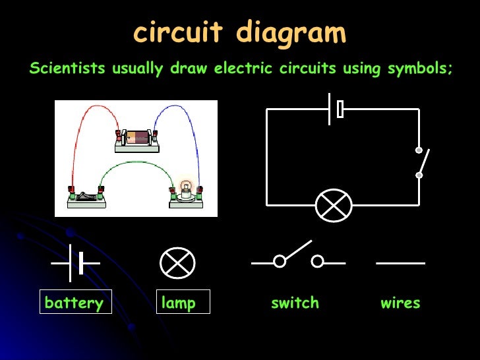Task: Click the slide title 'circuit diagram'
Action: tap(239, 33)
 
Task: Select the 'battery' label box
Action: tap(75, 303)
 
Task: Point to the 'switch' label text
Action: tap(295, 303)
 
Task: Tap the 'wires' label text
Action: tap(400, 303)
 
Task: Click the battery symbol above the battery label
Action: tap(76, 262)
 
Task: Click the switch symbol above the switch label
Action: tap(298, 258)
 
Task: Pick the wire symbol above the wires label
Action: tap(400, 263)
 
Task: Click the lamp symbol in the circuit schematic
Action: tap(334, 205)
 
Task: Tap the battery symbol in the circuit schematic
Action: tap(335, 109)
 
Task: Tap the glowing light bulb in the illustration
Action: tap(186, 187)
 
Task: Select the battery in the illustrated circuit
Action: tap(138, 138)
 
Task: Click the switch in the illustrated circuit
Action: tap(86, 196)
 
